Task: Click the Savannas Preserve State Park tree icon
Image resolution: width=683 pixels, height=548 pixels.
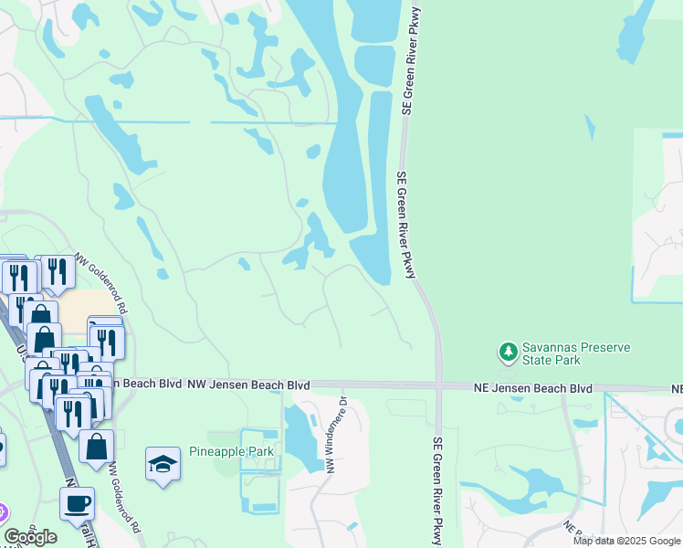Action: point(507,351)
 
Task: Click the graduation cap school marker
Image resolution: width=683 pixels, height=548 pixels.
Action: point(163,464)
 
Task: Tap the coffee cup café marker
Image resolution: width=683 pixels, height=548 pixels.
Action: point(77,502)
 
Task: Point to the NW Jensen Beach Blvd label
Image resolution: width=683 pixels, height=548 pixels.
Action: point(248,386)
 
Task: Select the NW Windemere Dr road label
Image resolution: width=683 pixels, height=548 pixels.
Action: point(332,433)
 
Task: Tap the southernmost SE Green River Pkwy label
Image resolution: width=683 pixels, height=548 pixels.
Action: point(437,490)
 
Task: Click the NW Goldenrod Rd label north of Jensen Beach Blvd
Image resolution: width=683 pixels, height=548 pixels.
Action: point(100,282)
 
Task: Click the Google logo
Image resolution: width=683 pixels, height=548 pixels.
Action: point(30,537)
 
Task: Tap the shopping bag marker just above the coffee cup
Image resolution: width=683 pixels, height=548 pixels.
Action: point(96,447)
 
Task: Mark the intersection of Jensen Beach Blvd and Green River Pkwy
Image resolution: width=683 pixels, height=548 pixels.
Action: point(439,386)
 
